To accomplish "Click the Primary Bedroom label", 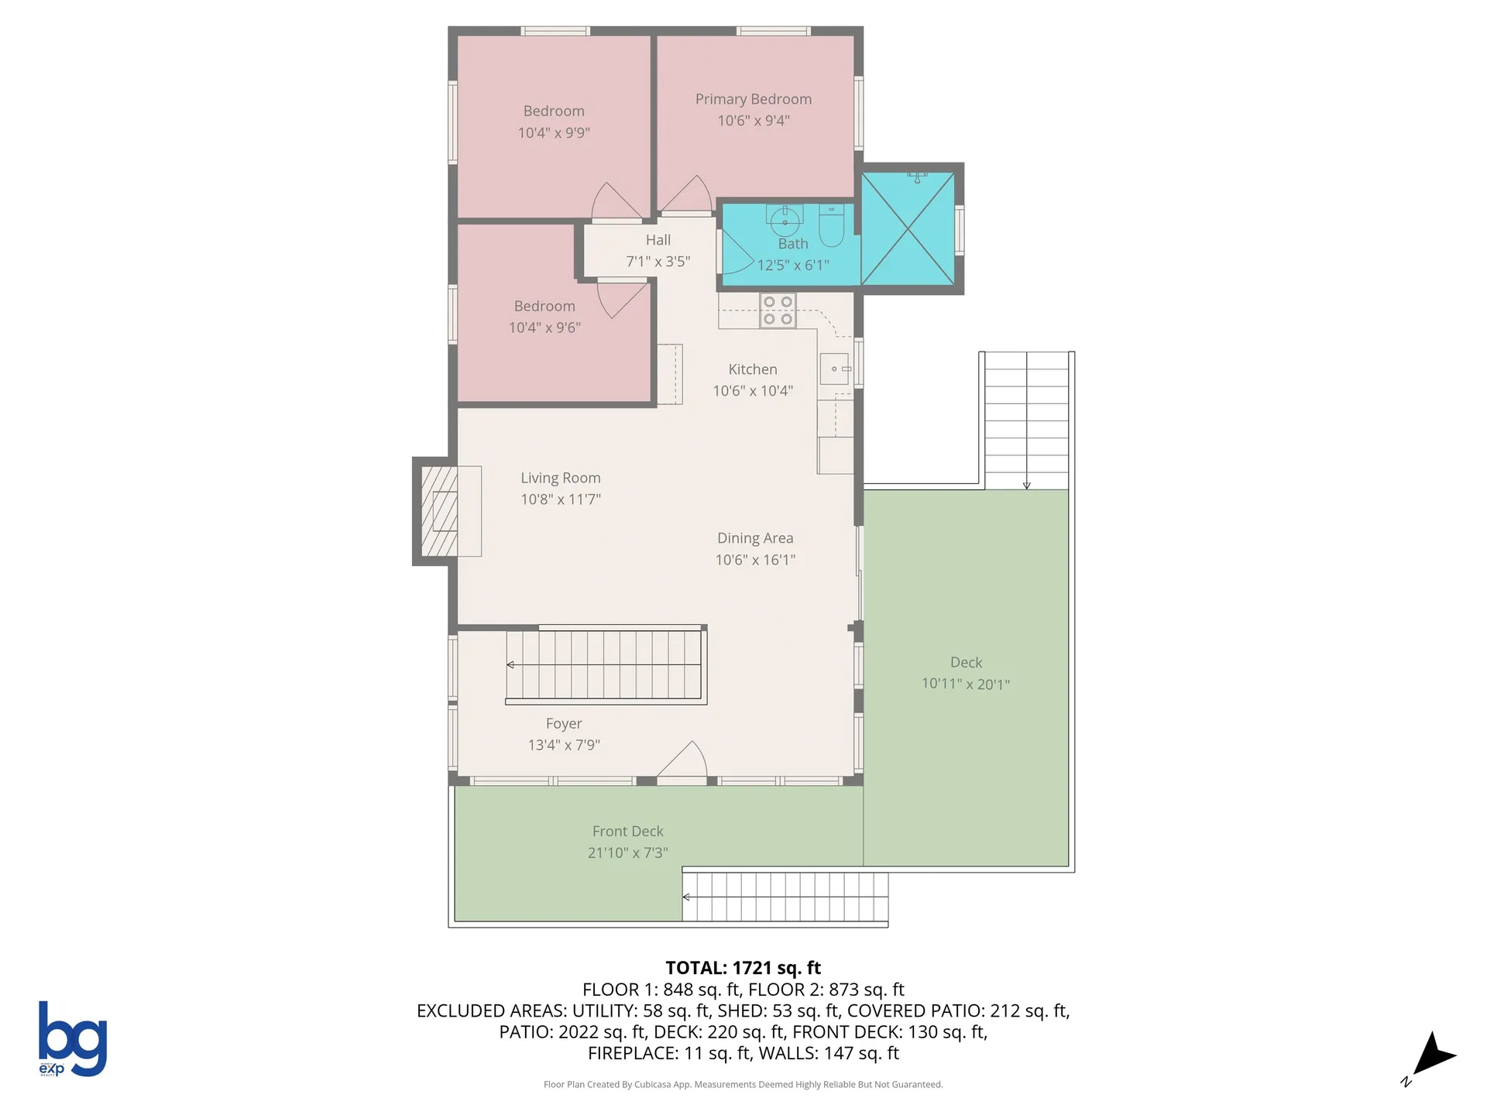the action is [753, 99].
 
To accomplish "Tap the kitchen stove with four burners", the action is [778, 310].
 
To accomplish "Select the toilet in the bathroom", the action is [831, 224].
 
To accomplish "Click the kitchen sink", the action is [835, 369].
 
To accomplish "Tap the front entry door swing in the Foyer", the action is [682, 760].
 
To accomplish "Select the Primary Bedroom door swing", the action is [686, 194].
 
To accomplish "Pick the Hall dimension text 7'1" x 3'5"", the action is [658, 262].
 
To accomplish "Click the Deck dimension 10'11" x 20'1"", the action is [965, 684].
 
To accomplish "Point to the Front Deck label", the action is [627, 831].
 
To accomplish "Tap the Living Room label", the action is [560, 479].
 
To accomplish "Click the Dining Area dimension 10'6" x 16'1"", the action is [755, 560].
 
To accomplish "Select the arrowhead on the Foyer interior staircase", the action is [510, 665].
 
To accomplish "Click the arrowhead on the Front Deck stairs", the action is [686, 897].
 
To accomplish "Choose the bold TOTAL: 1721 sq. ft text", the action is [743, 968].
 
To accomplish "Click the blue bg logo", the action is [73, 1038].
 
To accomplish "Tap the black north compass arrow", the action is [1434, 1055].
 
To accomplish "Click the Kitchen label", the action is [753, 370].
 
